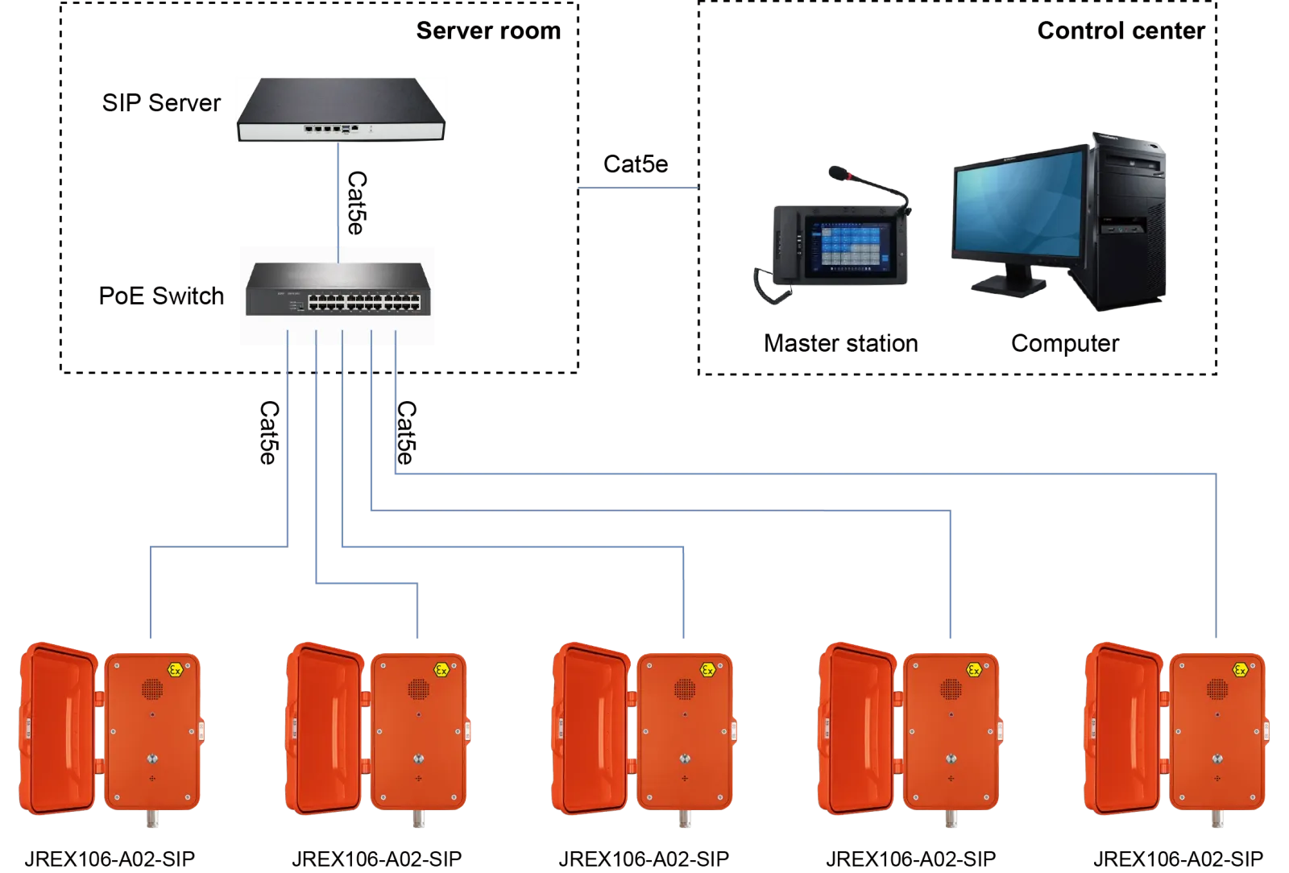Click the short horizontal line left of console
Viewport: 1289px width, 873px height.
click(x=638, y=191)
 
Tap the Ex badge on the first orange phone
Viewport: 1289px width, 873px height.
click(x=173, y=670)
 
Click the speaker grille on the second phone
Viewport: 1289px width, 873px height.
click(x=417, y=689)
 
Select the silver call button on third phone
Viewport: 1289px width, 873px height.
click(x=684, y=759)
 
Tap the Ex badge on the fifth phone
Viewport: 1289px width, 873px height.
click(x=1241, y=670)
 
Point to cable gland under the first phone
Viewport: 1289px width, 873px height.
click(x=151, y=820)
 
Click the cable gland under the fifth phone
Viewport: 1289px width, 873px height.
click(x=1216, y=820)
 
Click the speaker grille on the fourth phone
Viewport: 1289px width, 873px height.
click(x=951, y=689)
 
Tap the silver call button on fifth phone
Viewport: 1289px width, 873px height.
click(x=1216, y=759)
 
